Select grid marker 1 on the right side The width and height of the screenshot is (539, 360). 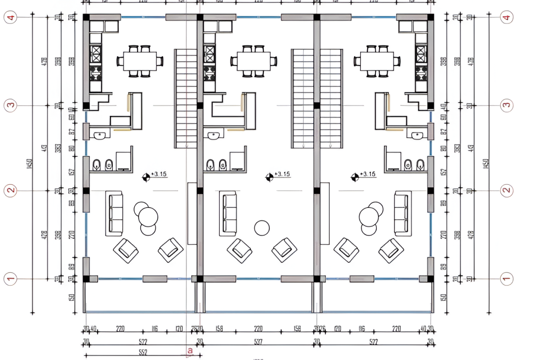click(x=507, y=278)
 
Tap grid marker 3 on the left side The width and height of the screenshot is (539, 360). click(x=10, y=105)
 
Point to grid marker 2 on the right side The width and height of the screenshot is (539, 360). click(x=507, y=190)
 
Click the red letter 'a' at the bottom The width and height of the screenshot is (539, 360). click(x=189, y=350)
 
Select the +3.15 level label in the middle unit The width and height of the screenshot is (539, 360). click(x=282, y=174)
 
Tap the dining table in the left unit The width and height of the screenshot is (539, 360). click(x=140, y=61)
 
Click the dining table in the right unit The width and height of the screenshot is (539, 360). click(x=377, y=61)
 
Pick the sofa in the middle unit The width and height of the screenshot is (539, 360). click(x=228, y=213)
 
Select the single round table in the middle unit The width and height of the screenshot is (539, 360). click(x=262, y=228)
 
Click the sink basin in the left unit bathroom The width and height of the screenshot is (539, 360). click(x=100, y=136)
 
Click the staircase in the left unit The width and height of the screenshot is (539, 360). click(x=185, y=99)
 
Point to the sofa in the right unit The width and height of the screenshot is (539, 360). click(x=403, y=213)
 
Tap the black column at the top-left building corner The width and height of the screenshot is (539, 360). click(x=86, y=17)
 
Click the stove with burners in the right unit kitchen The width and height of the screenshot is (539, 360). click(x=422, y=73)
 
